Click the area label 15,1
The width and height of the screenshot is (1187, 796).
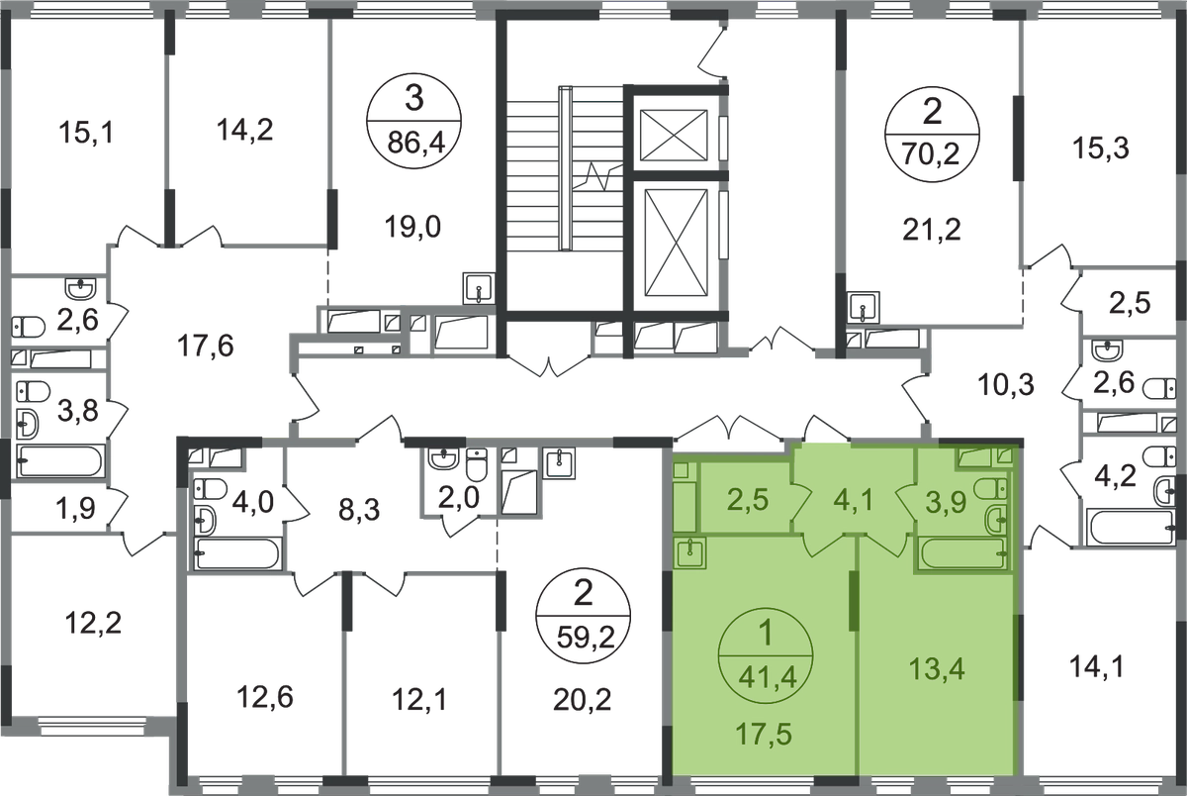86,132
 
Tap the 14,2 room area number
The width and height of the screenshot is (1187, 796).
244,130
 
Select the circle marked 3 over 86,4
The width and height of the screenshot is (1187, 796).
413,121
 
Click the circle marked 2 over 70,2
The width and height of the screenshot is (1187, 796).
932,136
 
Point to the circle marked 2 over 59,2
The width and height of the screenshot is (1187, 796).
583,616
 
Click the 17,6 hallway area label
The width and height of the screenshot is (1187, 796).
205,346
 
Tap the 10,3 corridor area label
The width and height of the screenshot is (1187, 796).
1005,384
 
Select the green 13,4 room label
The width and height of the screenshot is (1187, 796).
937,668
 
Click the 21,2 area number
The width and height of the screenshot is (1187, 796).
931,230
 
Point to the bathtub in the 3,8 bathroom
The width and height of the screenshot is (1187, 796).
60,461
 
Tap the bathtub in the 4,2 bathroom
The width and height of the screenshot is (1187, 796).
1131,527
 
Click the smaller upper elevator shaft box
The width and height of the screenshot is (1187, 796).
674,135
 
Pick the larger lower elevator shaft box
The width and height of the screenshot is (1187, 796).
677,243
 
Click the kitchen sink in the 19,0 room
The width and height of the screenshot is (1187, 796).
479,288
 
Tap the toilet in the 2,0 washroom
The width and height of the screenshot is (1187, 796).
477,464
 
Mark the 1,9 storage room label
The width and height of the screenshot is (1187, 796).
76,508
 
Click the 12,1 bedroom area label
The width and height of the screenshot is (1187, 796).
419,700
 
